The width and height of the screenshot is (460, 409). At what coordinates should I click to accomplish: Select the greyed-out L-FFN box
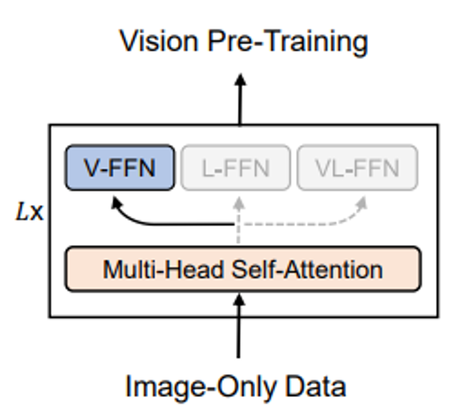[235, 168]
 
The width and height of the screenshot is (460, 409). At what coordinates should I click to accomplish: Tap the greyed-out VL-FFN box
[357, 168]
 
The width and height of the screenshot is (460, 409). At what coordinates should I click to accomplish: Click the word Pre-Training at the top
[288, 41]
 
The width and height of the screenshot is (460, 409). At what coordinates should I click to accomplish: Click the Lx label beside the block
[29, 212]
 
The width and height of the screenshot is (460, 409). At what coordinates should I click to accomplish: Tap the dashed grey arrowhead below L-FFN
[239, 203]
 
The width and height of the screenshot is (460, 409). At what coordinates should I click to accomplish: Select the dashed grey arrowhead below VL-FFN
[362, 203]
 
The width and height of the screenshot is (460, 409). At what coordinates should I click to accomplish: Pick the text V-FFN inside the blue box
[120, 168]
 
